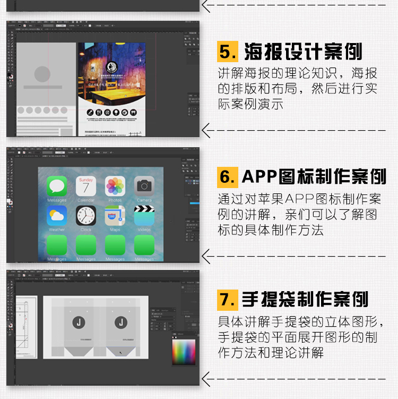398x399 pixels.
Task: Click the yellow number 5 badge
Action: pyautogui.click(x=227, y=52)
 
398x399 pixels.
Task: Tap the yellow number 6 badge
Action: pyautogui.click(x=228, y=176)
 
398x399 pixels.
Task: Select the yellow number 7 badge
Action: pyautogui.click(x=228, y=299)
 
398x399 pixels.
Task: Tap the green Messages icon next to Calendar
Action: pyautogui.click(x=57, y=186)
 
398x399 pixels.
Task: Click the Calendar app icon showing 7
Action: pyautogui.click(x=86, y=186)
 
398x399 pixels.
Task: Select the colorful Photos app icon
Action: pyautogui.click(x=115, y=186)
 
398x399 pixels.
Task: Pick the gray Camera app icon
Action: pyautogui.click(x=144, y=186)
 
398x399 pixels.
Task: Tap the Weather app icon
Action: pyautogui.click(x=57, y=216)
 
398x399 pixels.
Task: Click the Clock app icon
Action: pyautogui.click(x=86, y=216)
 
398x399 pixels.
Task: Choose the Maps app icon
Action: pyautogui.click(x=115, y=216)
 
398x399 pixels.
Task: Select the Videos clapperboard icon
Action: pyautogui.click(x=144, y=216)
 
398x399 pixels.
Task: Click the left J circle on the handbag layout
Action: pyautogui.click(x=79, y=322)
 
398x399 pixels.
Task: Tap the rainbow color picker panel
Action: pyautogui.click(x=184, y=352)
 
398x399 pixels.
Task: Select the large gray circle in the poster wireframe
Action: pyautogui.click(x=42, y=74)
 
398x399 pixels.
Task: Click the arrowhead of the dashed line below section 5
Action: pyautogui.click(x=207, y=130)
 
